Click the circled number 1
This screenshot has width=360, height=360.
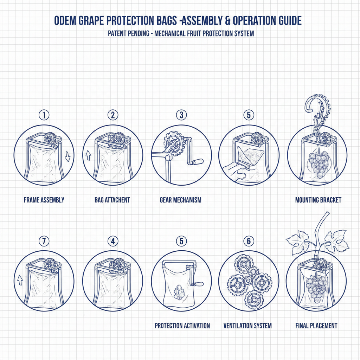pos(44,115)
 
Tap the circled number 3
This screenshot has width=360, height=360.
pos(181,115)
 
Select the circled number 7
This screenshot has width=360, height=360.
pos(44,241)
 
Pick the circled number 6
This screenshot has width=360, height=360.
pos(249,241)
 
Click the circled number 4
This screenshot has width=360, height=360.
pos(112,241)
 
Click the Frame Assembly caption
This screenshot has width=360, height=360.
pos(44,200)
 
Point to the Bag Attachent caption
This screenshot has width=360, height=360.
pos(112,200)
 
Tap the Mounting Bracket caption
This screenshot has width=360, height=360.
pos(318,200)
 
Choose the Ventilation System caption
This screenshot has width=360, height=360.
pos(247,326)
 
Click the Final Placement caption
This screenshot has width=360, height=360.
pos(316,326)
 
